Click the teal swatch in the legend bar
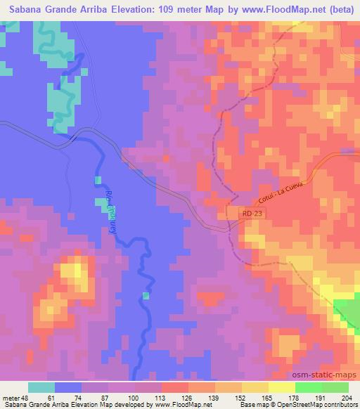click(x=41, y=387)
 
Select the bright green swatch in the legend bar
click(x=308, y=387)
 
